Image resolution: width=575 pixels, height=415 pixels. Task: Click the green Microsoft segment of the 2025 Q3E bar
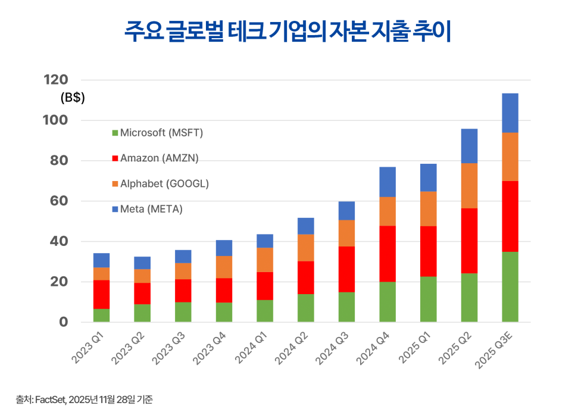click(x=510, y=287)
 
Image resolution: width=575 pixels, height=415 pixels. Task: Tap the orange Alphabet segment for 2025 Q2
click(x=469, y=186)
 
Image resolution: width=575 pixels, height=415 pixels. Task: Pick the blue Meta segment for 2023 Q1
click(x=101, y=260)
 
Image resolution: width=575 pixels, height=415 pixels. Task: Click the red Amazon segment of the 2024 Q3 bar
click(x=346, y=269)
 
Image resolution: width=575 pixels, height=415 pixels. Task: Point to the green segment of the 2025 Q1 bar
click(x=428, y=299)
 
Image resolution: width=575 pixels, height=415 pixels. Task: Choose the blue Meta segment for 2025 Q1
click(x=428, y=177)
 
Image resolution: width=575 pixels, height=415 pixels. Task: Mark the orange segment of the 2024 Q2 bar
click(x=306, y=248)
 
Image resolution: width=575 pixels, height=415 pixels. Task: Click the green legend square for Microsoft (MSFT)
click(x=115, y=133)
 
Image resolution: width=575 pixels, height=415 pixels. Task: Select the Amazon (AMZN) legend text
click(x=159, y=158)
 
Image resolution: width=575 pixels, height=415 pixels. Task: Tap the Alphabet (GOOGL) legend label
click(x=164, y=183)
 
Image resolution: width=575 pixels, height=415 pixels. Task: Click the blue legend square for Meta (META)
click(x=115, y=209)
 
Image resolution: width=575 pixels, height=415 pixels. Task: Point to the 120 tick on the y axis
click(x=56, y=80)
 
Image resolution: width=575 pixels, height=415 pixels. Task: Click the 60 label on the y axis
click(x=60, y=201)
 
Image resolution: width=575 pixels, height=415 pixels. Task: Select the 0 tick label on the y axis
click(x=64, y=322)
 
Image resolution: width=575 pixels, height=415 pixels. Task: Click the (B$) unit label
click(x=73, y=98)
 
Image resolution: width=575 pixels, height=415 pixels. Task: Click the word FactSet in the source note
click(x=51, y=400)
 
